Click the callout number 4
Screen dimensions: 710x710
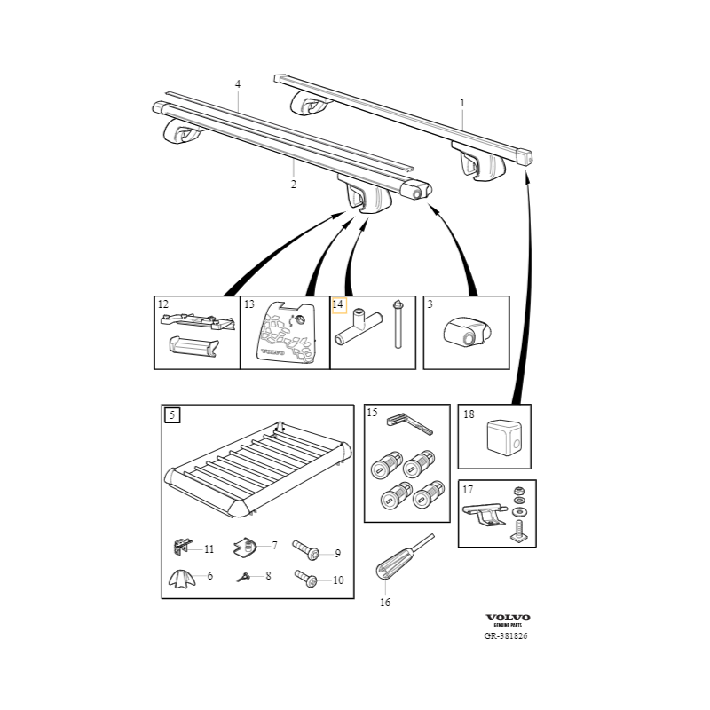click(x=238, y=84)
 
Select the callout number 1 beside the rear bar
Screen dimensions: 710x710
click(x=462, y=103)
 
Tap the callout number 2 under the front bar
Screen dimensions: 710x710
click(x=294, y=185)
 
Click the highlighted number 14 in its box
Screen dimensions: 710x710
click(x=338, y=304)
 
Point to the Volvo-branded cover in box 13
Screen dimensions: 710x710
click(x=286, y=335)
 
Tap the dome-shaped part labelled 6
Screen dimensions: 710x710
click(x=181, y=578)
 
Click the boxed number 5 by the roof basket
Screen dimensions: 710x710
click(x=172, y=414)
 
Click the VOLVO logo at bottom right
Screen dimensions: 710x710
click(x=508, y=617)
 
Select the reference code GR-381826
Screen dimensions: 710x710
click(x=506, y=635)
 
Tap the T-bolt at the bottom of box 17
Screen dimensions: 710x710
click(x=517, y=532)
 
